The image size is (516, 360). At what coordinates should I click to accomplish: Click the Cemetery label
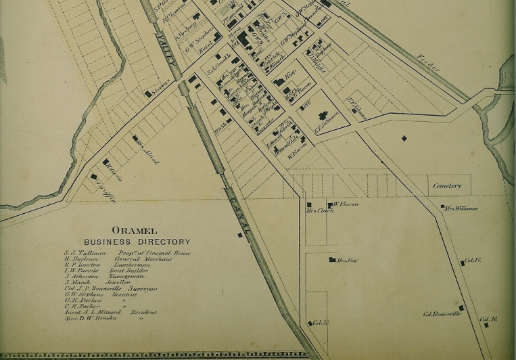pyautogui.click(x=448, y=185)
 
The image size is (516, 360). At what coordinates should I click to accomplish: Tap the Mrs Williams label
pyautogui.click(x=462, y=208)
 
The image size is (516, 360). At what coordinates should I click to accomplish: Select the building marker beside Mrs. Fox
pyautogui.click(x=331, y=260)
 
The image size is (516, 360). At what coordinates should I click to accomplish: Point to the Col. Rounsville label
pyautogui.click(x=442, y=314)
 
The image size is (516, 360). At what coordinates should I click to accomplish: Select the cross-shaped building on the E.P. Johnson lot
pyautogui.click(x=321, y=115)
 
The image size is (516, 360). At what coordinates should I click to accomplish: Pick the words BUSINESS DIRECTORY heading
pyautogui.click(x=137, y=242)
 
